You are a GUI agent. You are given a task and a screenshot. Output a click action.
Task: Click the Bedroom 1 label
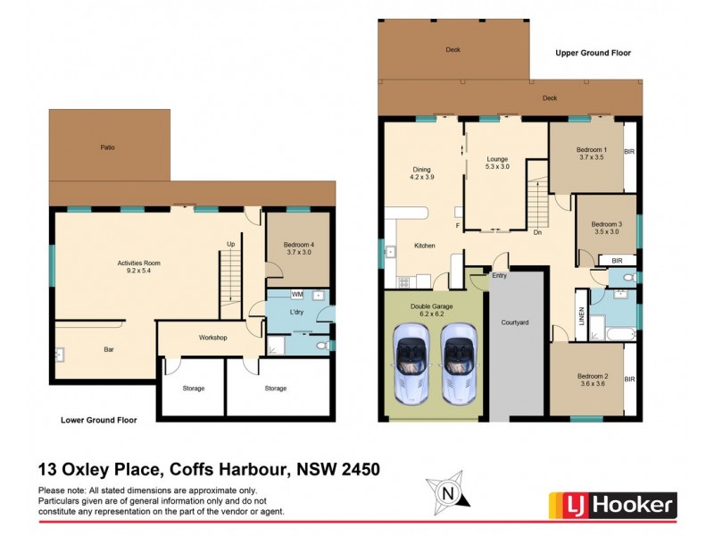click(591, 153)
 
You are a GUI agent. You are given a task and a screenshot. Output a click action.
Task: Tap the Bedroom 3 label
click(606, 227)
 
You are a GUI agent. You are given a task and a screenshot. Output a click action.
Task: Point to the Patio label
click(107, 147)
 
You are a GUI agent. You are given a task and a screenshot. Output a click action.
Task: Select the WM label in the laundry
click(297, 294)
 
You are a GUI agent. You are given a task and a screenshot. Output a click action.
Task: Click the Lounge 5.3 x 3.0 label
click(497, 163)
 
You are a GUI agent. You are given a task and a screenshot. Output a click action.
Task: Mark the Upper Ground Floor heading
click(593, 53)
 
